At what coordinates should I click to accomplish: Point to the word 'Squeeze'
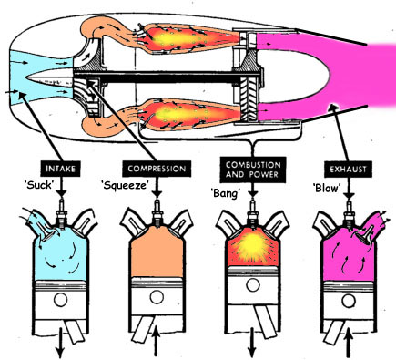pos(123,184)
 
